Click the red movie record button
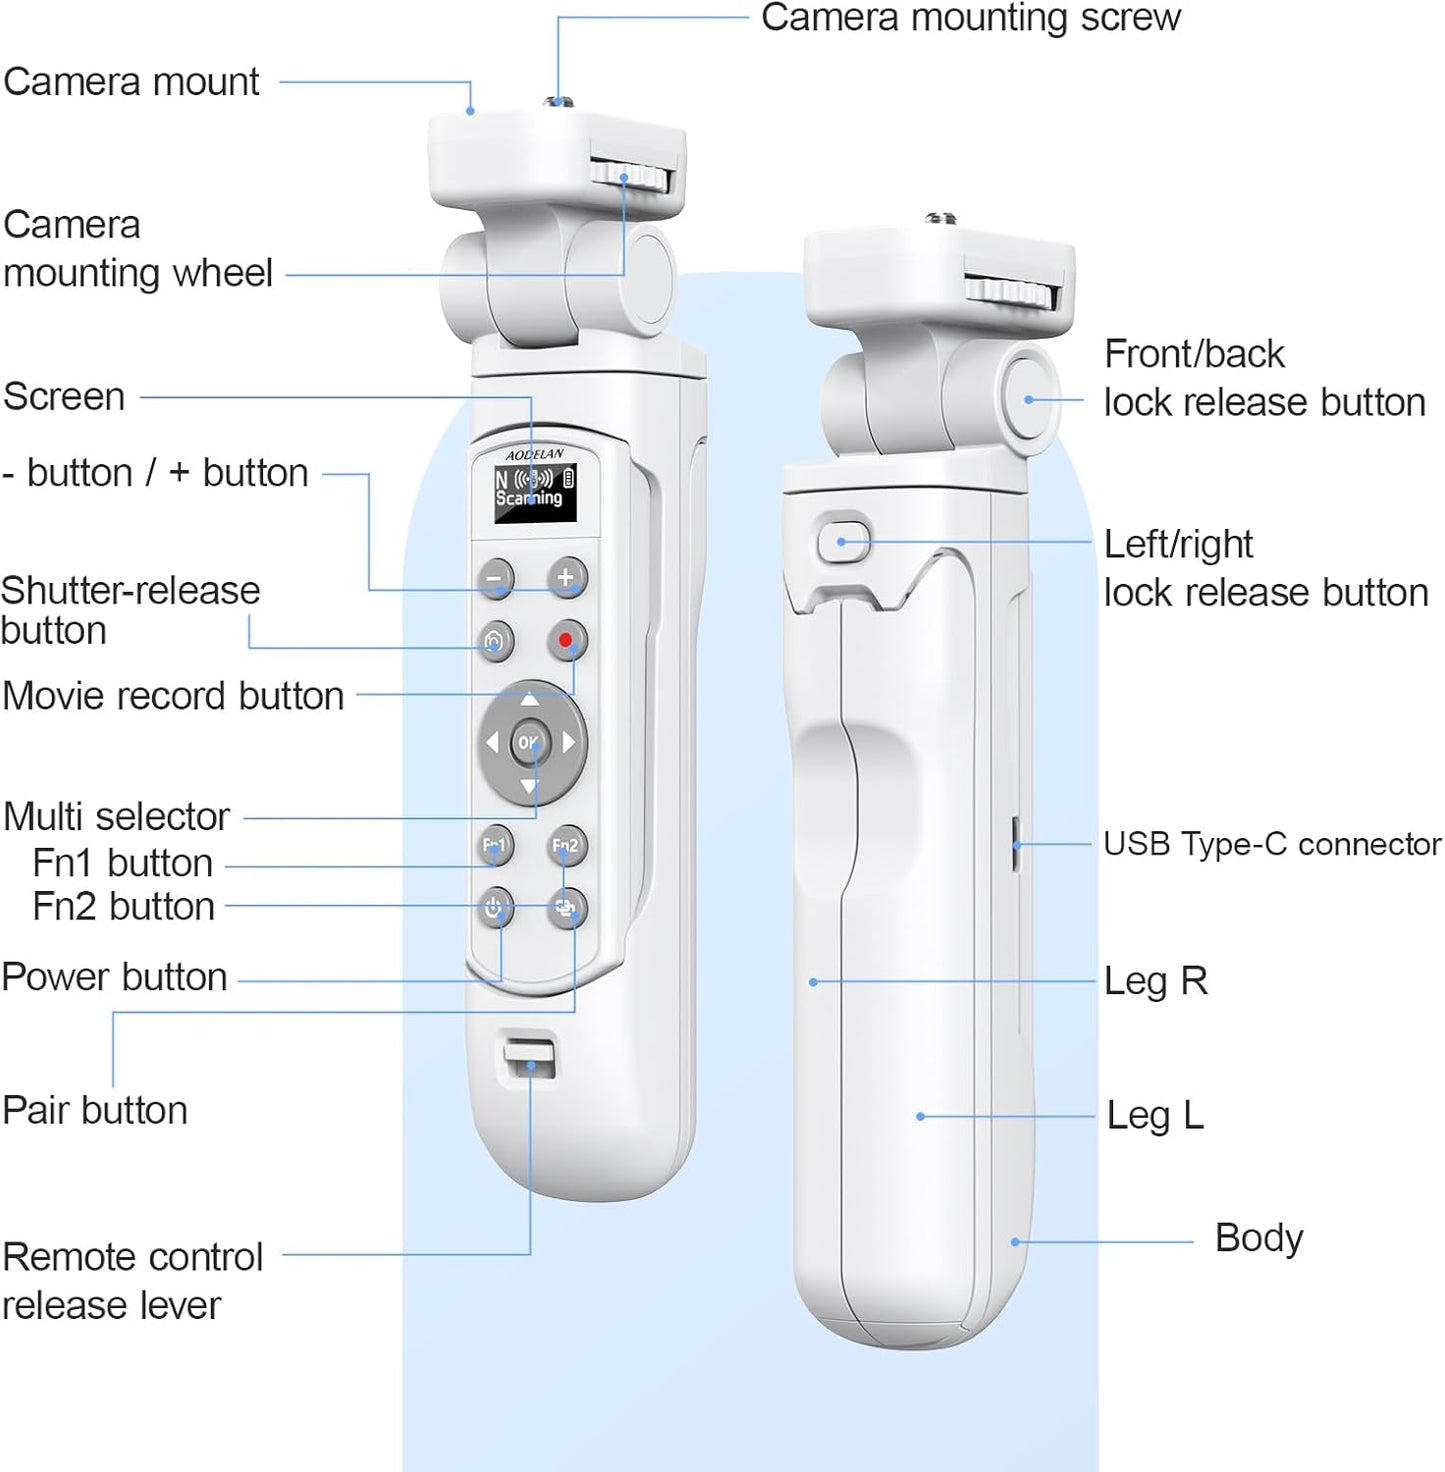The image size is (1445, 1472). (567, 640)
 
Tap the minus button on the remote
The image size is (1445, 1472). (494, 578)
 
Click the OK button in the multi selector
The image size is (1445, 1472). (527, 742)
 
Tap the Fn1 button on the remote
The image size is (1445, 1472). (495, 846)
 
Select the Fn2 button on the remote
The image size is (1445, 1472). (566, 846)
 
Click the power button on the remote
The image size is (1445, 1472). (494, 909)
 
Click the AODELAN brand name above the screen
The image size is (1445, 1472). (534, 455)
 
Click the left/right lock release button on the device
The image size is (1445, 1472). (843, 542)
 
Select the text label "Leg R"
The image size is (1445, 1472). (1155, 981)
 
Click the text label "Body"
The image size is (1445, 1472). (1258, 1238)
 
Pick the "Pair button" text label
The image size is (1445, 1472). (95, 1110)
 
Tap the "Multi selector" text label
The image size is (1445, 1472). (116, 816)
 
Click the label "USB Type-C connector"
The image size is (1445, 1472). (1271, 844)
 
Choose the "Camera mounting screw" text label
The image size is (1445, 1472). (970, 18)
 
